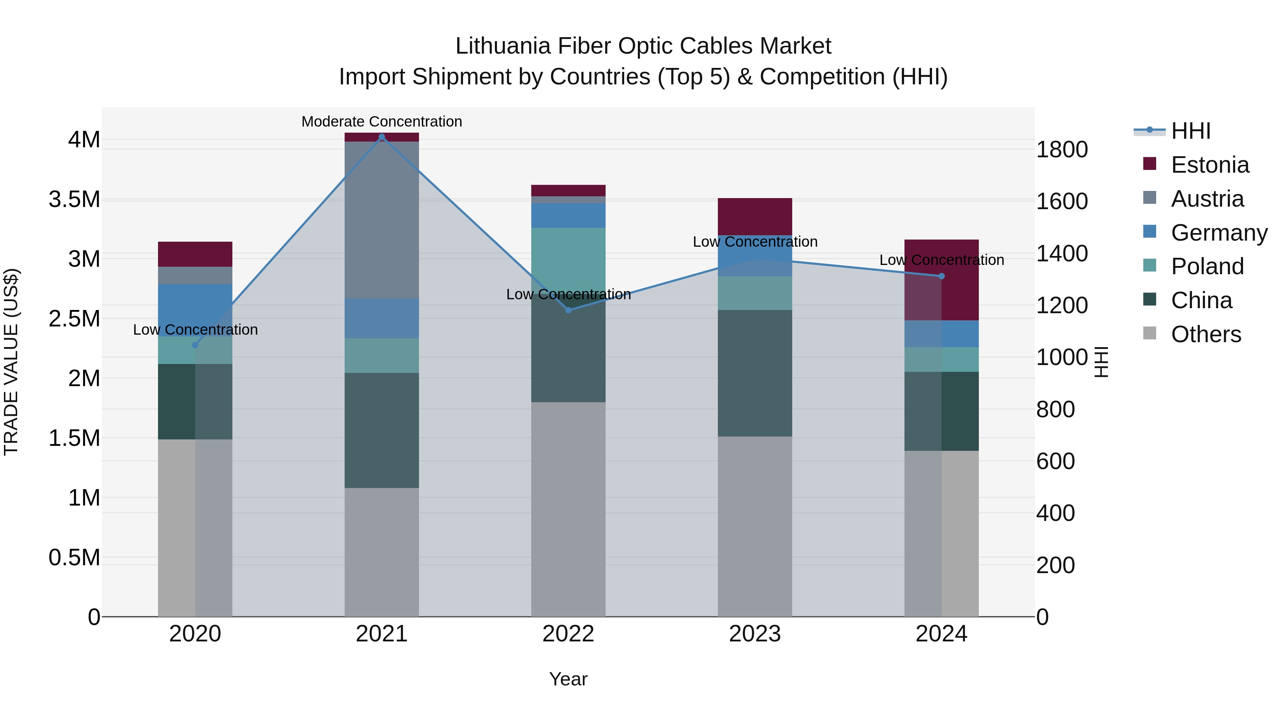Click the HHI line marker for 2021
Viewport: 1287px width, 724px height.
(382, 137)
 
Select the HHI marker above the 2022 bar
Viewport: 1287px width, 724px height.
(568, 310)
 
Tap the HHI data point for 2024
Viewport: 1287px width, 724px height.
(941, 276)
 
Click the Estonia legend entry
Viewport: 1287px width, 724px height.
(1209, 165)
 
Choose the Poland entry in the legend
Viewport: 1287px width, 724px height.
(1207, 266)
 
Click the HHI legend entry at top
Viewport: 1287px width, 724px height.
(1190, 131)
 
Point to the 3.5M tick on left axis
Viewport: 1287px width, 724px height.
(74, 200)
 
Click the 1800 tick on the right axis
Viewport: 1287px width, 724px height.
(1062, 149)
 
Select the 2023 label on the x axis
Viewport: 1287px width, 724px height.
(754, 634)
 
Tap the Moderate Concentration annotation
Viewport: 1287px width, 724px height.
(382, 122)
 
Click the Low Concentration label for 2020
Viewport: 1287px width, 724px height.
(195, 330)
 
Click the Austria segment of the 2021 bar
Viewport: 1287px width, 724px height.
(382, 220)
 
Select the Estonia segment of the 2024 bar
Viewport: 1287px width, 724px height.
(959, 280)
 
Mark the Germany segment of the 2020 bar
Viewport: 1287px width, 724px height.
(195, 310)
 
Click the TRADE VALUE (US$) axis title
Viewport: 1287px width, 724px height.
(11, 362)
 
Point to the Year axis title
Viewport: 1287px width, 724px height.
(568, 679)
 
